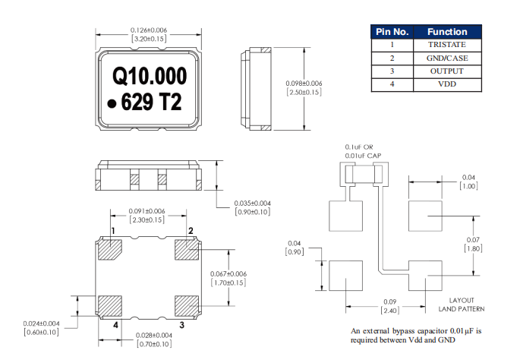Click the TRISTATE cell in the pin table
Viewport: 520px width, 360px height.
coord(447,45)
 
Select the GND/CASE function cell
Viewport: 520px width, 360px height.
coord(447,58)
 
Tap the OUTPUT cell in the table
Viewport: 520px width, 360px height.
coord(447,71)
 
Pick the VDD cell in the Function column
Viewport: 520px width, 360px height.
coord(447,84)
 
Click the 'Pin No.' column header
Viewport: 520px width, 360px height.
coord(392,32)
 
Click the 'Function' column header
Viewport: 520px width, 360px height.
coord(447,32)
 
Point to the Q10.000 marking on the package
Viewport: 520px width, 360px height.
coord(150,76)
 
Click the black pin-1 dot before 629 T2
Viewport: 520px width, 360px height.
coord(112,104)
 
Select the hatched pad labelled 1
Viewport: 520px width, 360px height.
coord(110,249)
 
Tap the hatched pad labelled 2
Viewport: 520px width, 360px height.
coord(187,249)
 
